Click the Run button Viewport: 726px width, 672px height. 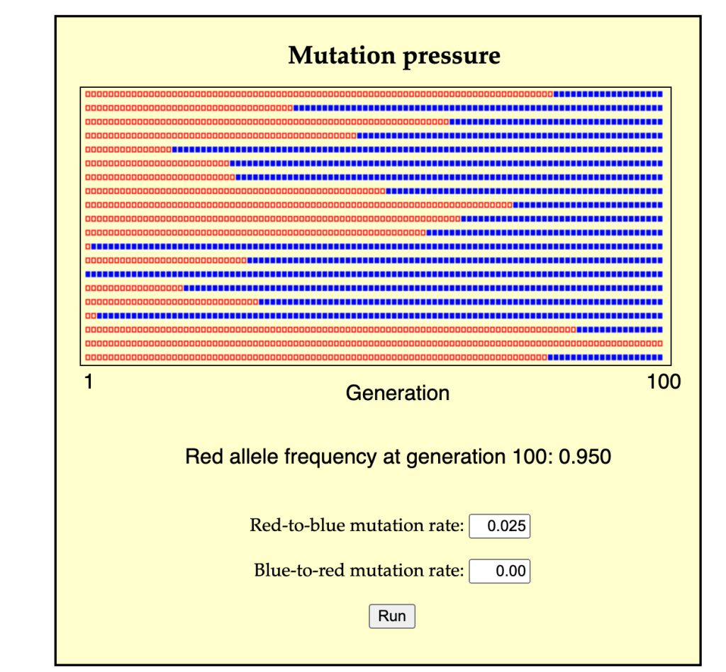click(x=391, y=616)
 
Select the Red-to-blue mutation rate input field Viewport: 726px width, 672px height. click(x=500, y=526)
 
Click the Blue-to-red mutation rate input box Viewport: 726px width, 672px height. click(x=500, y=571)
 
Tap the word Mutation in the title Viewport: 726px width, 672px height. click(x=342, y=55)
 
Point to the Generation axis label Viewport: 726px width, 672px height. click(x=397, y=393)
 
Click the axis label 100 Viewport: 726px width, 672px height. click(x=664, y=382)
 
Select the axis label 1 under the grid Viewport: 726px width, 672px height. click(x=89, y=382)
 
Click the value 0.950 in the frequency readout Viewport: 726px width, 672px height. click(x=585, y=457)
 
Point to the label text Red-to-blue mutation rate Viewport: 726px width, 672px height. click(x=357, y=526)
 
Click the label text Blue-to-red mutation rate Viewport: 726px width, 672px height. click(x=359, y=571)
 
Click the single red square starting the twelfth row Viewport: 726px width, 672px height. click(x=88, y=246)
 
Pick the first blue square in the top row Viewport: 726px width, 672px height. click(x=556, y=94)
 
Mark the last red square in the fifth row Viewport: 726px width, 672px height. click(x=169, y=150)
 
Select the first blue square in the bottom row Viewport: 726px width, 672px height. click(x=550, y=358)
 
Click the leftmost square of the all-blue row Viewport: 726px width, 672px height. click(x=88, y=274)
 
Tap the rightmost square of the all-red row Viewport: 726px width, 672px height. click(x=660, y=343)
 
